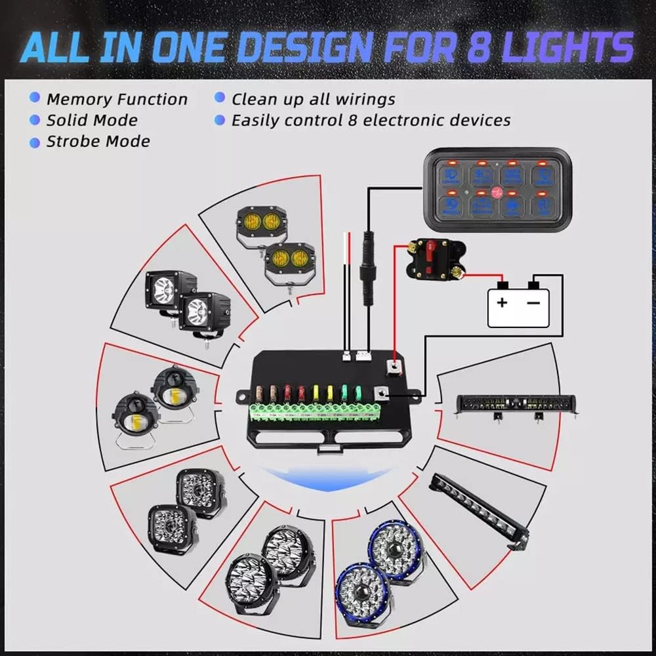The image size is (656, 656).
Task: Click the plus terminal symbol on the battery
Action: (502, 302)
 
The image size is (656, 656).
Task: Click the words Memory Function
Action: (117, 100)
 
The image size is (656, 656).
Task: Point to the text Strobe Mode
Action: (98, 142)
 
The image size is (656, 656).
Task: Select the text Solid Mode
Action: (92, 121)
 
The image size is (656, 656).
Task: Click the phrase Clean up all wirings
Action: (313, 100)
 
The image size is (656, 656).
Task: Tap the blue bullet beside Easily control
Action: (220, 120)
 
